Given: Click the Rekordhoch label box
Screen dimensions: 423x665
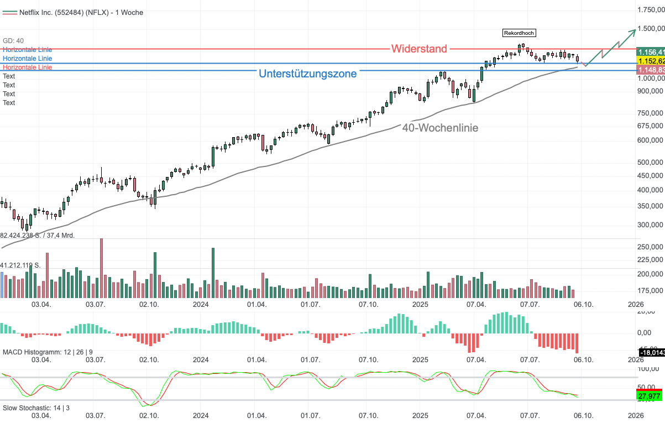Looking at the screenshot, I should (x=519, y=33).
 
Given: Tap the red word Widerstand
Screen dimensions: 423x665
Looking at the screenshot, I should (x=419, y=49).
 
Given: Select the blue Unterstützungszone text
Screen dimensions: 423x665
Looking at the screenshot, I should (x=308, y=74).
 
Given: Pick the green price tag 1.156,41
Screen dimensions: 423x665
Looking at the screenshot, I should (x=650, y=51).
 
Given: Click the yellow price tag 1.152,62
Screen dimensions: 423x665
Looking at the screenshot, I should (x=650, y=60).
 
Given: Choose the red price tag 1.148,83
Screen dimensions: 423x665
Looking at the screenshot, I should (x=650, y=70).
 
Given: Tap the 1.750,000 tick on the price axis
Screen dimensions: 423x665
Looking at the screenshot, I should (x=650, y=10).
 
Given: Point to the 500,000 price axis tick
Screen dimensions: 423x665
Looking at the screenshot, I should (x=650, y=163).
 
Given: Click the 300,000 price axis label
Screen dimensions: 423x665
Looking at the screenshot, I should (x=650, y=225).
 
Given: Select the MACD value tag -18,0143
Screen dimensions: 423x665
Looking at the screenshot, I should (x=651, y=352).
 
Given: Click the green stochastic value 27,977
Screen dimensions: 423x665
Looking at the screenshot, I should (x=650, y=396).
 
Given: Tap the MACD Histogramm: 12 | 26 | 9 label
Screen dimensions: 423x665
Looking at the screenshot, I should (x=48, y=352).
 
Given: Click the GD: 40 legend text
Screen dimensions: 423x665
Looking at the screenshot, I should (x=13, y=40).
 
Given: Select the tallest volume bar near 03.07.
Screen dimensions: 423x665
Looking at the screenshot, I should (x=101, y=268).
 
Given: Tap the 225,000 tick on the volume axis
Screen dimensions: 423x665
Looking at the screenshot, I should (x=650, y=259).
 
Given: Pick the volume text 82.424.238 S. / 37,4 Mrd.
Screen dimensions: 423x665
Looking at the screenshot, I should (x=38, y=235).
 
